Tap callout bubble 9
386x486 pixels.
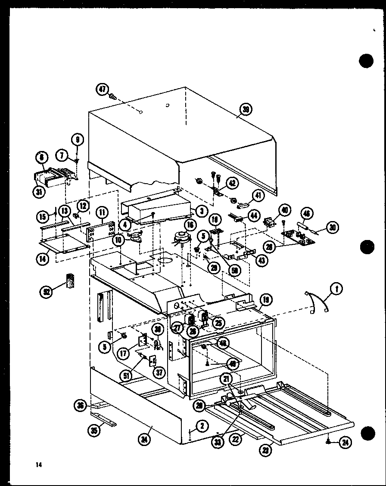click(78, 140)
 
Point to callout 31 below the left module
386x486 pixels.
click(40, 192)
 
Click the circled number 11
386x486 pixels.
click(102, 212)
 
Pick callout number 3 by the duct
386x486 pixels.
click(200, 210)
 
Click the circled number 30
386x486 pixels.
click(332, 228)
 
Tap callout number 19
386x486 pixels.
click(266, 299)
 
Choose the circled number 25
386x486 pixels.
click(218, 322)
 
